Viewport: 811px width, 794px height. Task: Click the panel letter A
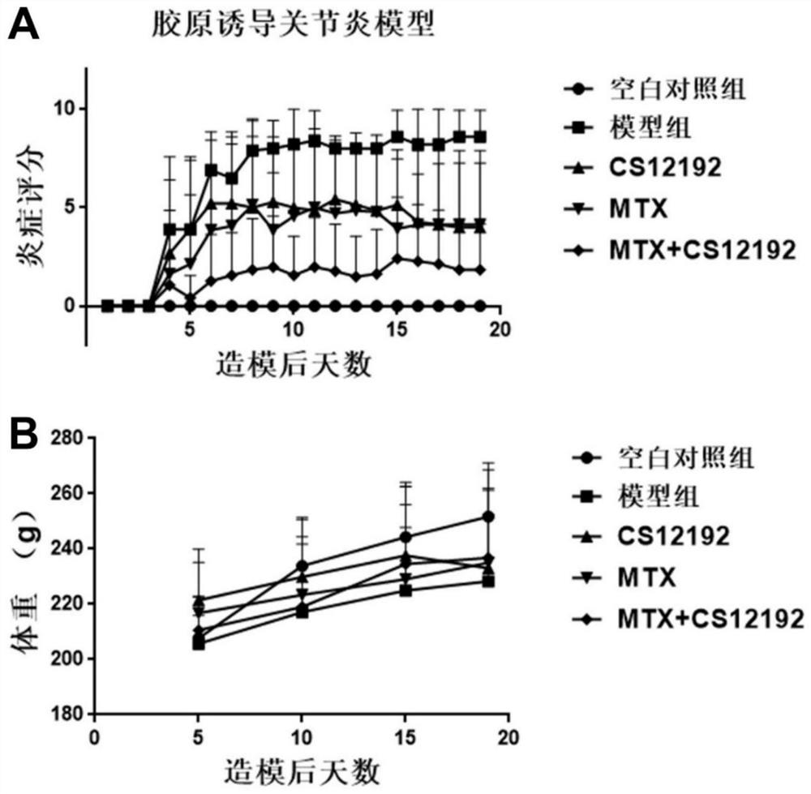pos(24,26)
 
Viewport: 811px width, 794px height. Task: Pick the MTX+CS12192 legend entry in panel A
pos(697,251)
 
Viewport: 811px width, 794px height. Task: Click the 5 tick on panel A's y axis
pos(71,207)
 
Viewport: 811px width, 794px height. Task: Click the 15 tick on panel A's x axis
pos(397,331)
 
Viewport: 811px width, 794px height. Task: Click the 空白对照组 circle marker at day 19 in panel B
pos(488,517)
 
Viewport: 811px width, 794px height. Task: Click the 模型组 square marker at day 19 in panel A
pos(480,137)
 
